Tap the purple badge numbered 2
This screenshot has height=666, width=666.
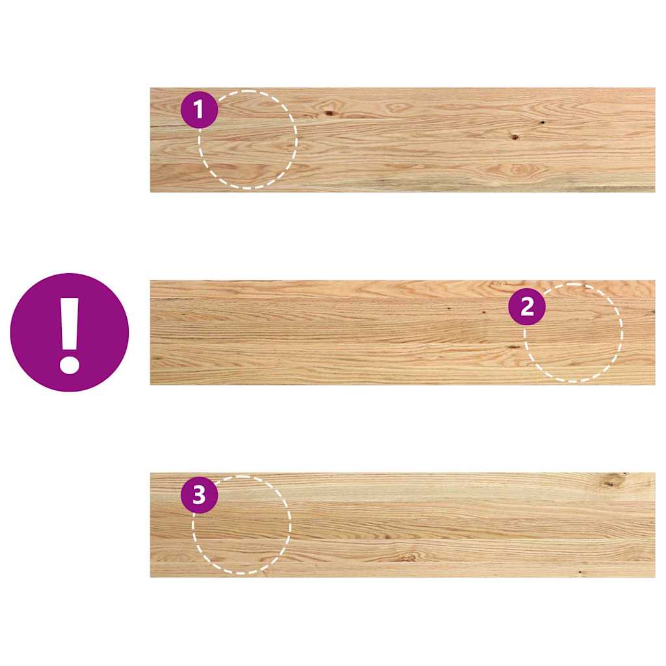pyautogui.click(x=527, y=307)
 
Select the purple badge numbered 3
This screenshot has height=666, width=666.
pyautogui.click(x=199, y=496)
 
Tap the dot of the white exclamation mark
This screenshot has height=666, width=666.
pyautogui.click(x=69, y=362)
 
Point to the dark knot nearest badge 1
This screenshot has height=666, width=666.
pyautogui.click(x=330, y=113)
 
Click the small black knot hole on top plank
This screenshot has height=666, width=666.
pyautogui.click(x=542, y=122)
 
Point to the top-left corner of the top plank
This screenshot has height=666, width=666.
pyautogui.click(x=151, y=88)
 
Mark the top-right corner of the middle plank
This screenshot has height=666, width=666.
pyautogui.click(x=654, y=281)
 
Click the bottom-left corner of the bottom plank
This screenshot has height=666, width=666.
pyautogui.click(x=151, y=576)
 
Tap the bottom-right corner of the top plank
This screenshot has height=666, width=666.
pyautogui.click(x=654, y=191)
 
